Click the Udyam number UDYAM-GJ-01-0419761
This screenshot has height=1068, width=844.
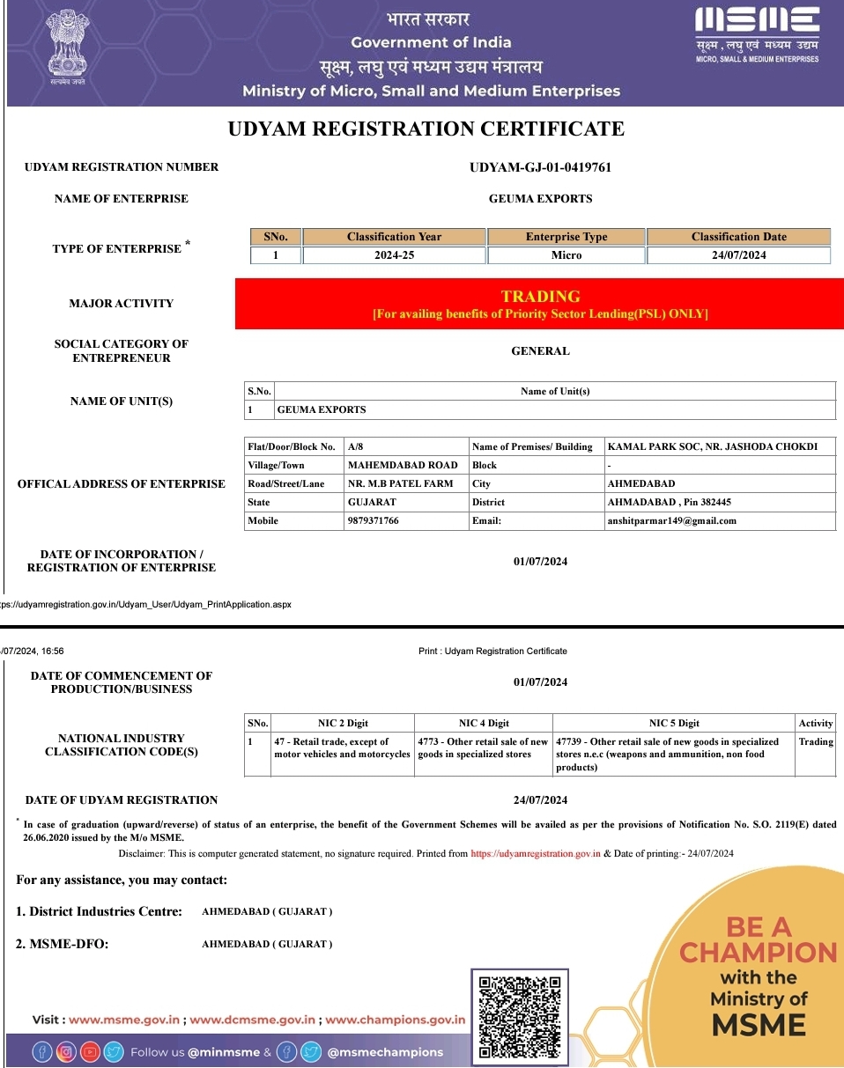540,167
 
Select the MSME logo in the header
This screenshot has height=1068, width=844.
757,35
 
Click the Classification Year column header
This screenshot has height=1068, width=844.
394,237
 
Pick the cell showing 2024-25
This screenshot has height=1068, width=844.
394,255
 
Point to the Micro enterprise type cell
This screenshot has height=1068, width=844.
566,255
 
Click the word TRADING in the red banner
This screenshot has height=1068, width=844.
540,297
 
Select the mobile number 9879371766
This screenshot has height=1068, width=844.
374,520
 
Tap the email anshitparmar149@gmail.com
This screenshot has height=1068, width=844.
671,520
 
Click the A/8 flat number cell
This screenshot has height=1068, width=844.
356,446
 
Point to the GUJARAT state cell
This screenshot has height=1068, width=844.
372,502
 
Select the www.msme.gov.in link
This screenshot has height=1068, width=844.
125,1020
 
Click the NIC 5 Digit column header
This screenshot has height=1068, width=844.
674,723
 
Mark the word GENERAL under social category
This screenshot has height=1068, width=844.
540,351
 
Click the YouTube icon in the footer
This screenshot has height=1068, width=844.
90,1051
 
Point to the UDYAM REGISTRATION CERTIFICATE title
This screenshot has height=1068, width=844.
426,129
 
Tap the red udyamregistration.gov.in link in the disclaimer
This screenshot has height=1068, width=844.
536,853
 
